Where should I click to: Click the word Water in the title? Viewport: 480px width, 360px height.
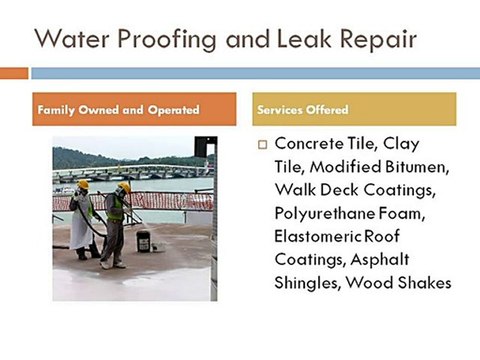(x=72, y=39)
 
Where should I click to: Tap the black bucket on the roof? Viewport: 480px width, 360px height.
(x=144, y=240)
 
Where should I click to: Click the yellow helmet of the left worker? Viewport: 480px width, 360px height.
(x=83, y=185)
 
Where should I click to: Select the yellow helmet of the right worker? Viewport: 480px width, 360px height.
(x=124, y=187)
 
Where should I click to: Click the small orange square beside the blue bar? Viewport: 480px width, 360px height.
(x=14, y=73)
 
